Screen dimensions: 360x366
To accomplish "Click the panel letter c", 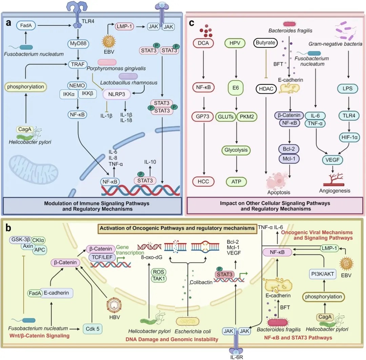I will pyautogui.click(x=192, y=24).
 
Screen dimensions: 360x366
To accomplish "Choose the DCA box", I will pyautogui.click(x=203, y=43).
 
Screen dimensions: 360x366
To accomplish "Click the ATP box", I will pyautogui.click(x=238, y=182).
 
